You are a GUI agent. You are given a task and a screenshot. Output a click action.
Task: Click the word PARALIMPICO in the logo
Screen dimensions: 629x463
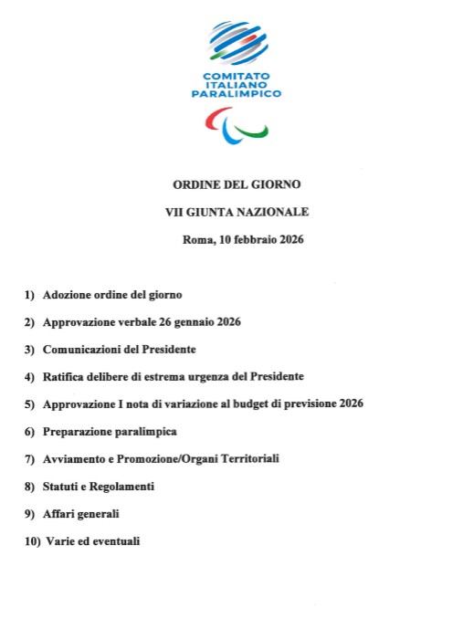tap(237, 93)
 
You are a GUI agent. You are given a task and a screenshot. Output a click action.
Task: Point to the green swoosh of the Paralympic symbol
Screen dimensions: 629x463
tap(253, 132)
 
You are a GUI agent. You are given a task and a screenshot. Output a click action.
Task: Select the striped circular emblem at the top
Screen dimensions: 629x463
tap(237, 41)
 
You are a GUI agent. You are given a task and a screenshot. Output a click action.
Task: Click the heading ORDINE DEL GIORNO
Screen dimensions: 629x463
tap(237, 183)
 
